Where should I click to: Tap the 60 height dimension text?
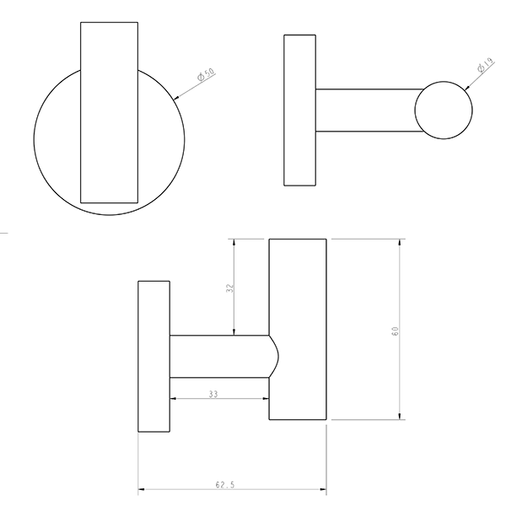tap(394, 330)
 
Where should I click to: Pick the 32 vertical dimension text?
tap(229, 288)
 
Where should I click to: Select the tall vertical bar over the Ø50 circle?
tap(107, 111)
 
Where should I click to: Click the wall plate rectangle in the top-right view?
tap(299, 110)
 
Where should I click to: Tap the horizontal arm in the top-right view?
tap(367, 110)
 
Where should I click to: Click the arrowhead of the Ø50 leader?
tap(176, 100)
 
